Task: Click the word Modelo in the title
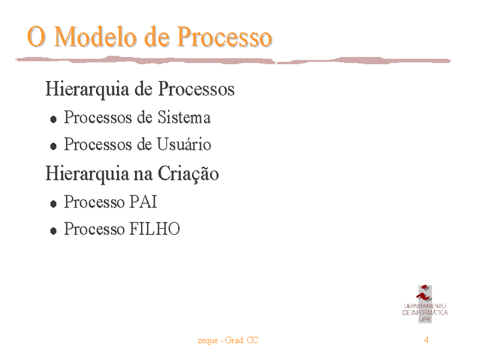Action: tap(95, 37)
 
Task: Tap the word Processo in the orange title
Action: tap(224, 37)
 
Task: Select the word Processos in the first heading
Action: tap(196, 89)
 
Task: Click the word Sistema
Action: tap(184, 117)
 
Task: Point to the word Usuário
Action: tap(184, 144)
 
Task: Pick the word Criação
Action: tap(188, 174)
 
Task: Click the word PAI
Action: tap(143, 202)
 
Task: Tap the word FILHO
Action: tap(155, 229)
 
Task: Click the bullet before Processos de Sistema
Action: tap(53, 119)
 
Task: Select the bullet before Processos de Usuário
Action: tap(53, 146)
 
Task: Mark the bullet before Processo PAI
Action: tap(53, 203)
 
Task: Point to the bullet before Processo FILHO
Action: tap(53, 230)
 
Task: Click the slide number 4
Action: tap(426, 340)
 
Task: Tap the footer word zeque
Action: tap(208, 341)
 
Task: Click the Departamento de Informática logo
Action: tap(425, 304)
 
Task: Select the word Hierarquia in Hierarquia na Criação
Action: tap(87, 174)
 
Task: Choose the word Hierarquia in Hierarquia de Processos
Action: tap(87, 89)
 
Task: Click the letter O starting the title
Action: tap(37, 37)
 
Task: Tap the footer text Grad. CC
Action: tap(242, 340)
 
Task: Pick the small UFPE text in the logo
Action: tap(425, 319)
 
